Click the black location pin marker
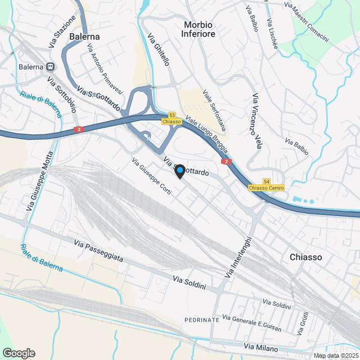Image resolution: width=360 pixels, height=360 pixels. click(x=179, y=172)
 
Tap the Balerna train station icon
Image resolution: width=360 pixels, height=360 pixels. click(x=50, y=66)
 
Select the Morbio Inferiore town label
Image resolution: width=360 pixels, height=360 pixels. click(x=199, y=29)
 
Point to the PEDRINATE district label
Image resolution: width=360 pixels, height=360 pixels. click(x=202, y=319)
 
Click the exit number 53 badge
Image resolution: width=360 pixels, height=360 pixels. click(x=172, y=115)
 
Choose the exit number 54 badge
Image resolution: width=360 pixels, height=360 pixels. click(x=266, y=181)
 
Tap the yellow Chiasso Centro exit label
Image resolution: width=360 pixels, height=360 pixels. click(x=266, y=188)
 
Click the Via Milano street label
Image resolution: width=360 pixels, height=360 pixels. click(x=262, y=348)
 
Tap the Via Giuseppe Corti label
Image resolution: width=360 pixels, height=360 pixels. click(x=151, y=175)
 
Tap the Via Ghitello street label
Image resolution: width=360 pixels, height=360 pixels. click(x=158, y=49)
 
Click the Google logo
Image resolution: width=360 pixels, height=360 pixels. click(x=18, y=353)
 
